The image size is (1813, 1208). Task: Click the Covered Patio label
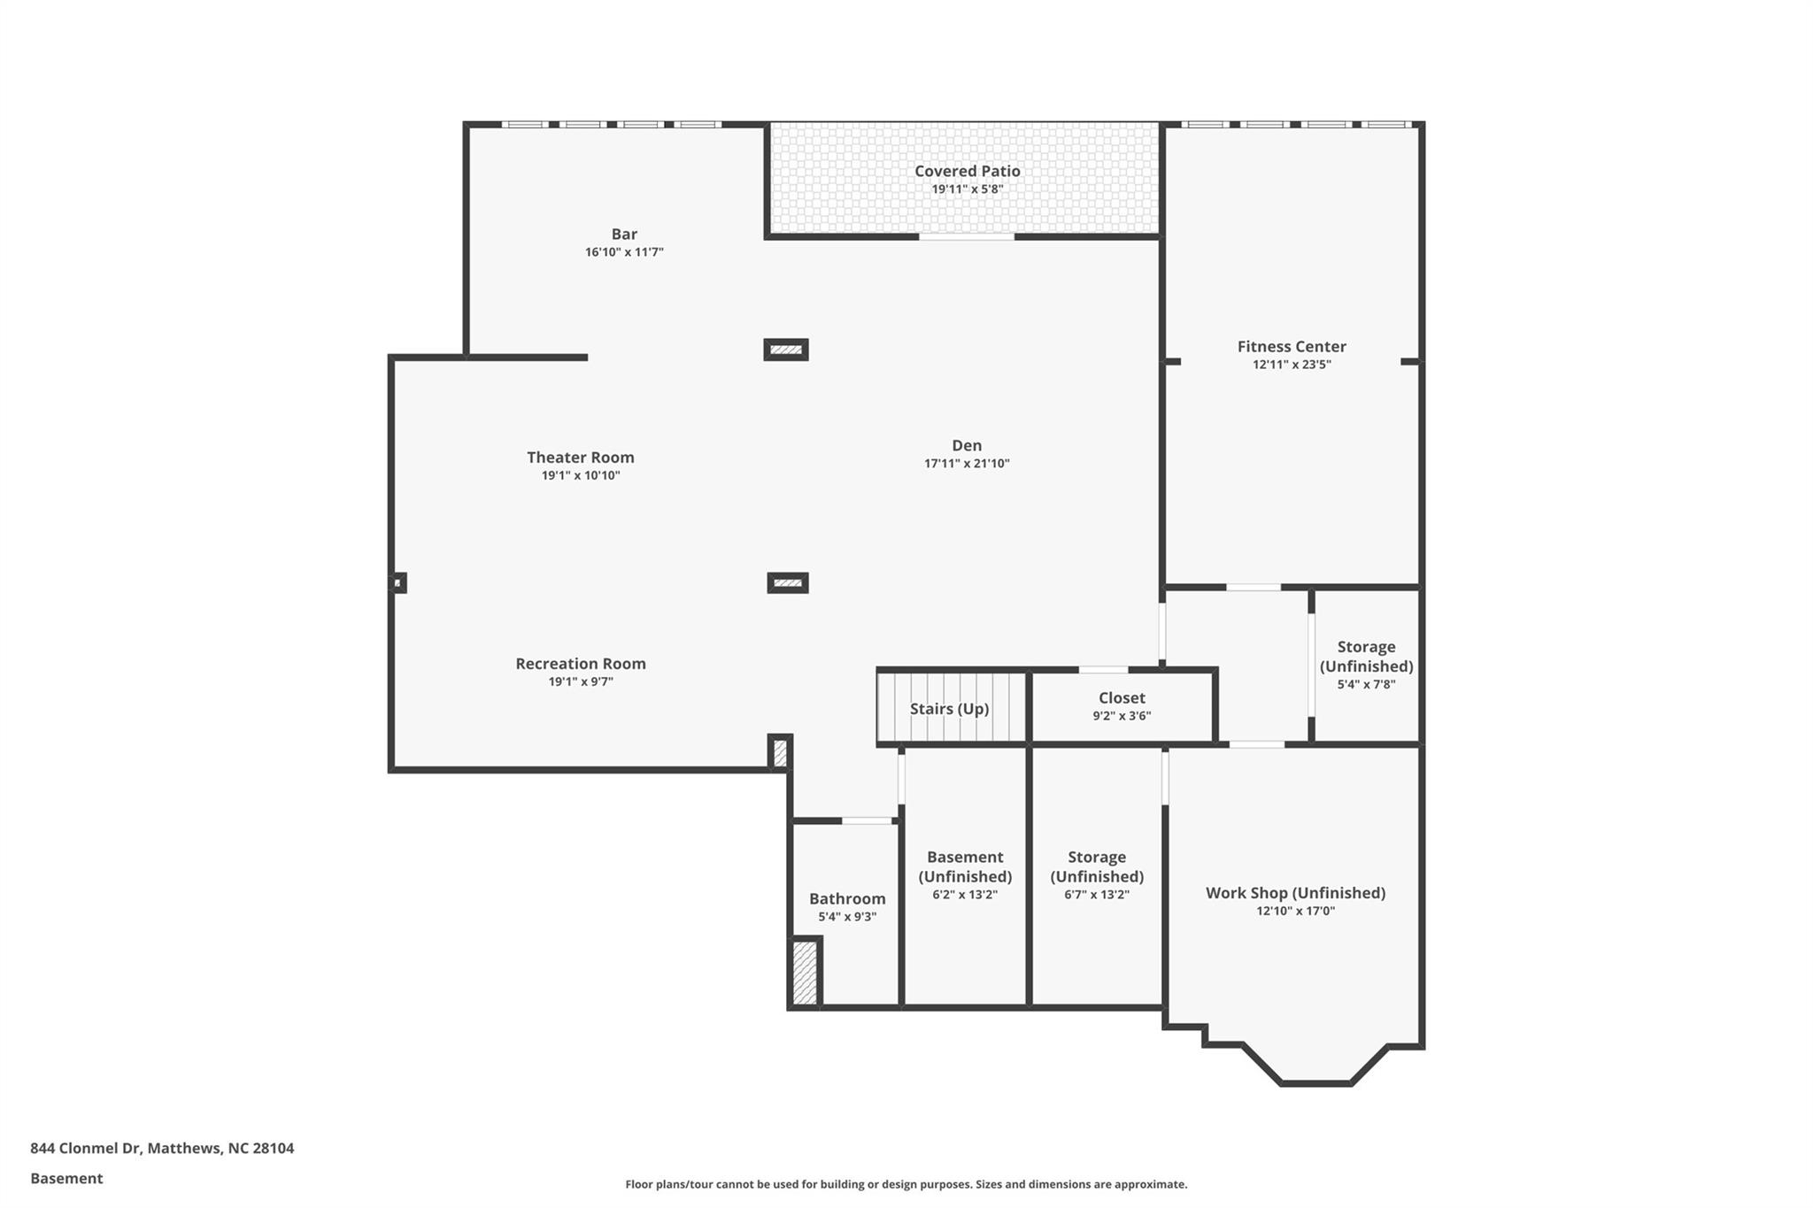(x=967, y=171)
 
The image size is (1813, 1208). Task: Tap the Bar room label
(x=624, y=234)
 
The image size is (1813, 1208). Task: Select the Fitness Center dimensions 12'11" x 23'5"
(x=1292, y=365)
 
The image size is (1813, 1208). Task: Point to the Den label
(x=967, y=445)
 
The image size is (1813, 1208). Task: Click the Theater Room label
(x=581, y=458)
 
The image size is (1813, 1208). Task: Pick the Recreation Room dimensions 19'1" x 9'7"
(x=581, y=681)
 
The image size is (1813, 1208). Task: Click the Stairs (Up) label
(x=949, y=709)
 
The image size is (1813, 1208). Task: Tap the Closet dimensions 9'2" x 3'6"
(x=1122, y=716)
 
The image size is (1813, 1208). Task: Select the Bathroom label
(x=847, y=899)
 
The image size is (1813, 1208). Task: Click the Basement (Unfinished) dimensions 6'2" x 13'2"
(x=965, y=895)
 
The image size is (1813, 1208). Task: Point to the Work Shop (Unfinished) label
(x=1295, y=893)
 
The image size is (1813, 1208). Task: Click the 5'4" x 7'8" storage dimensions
(x=1366, y=684)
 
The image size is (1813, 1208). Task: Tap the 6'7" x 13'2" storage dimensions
(x=1097, y=895)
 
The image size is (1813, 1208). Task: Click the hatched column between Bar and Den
(x=786, y=350)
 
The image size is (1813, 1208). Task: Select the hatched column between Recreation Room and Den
(x=788, y=583)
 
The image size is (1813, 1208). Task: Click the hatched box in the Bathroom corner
(x=804, y=973)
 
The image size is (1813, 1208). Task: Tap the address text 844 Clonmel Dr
(x=85, y=1148)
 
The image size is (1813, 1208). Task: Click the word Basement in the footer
(x=66, y=1178)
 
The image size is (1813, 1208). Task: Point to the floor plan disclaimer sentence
(x=906, y=1184)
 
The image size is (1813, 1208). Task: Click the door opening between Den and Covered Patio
(x=967, y=237)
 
